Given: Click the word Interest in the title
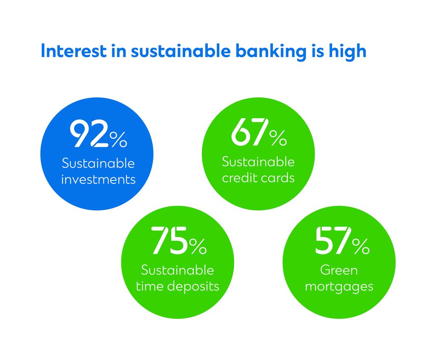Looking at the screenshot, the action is pos(74,51).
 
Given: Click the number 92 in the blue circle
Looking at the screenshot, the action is pos(89,134).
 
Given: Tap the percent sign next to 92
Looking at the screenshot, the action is pos(118,139).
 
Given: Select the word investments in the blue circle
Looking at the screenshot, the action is pos(98,180).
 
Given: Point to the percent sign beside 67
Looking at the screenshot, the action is pos(278,138).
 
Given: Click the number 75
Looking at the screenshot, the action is pos(169,240).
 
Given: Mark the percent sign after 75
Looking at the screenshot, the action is pos(198,246).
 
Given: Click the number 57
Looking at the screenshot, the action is pos(333,240).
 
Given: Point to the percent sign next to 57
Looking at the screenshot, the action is pos(361,246).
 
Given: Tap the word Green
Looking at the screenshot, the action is pos(338,270).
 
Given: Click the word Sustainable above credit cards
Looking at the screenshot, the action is pos(258,162).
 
